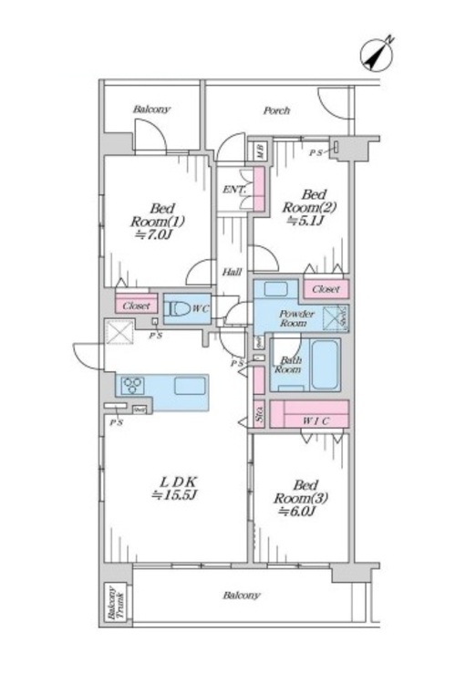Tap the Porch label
point(277,111)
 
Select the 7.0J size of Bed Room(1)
point(152,234)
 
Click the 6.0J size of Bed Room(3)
point(297,512)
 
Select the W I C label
point(312,420)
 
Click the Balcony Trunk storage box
point(115,603)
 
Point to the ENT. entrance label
point(232,189)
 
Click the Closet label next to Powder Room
point(326,290)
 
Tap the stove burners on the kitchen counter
point(132,384)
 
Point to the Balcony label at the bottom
point(241,596)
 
